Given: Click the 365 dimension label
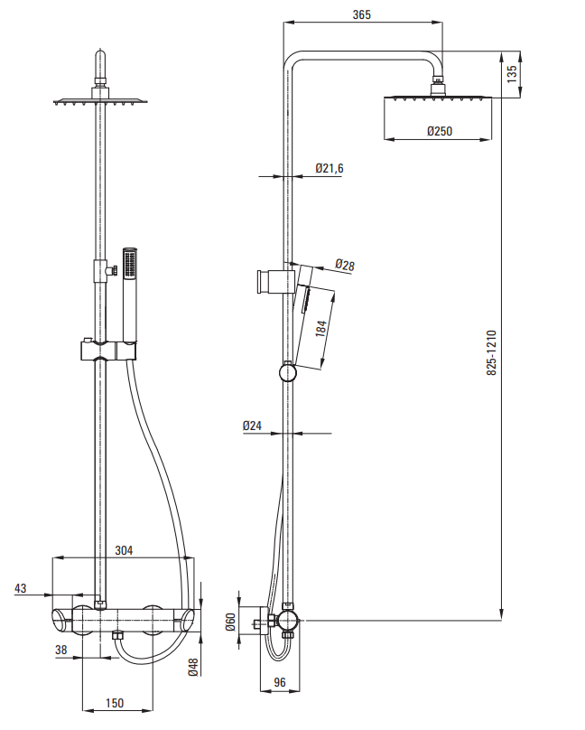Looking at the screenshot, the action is point(361,14).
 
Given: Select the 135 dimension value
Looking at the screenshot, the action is point(512,74).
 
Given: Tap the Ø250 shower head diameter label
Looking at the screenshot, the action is point(440,131).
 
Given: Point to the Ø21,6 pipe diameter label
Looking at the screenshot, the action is point(330,168).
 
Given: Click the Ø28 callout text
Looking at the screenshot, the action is point(345,265).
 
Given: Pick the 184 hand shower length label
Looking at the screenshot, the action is point(321,328).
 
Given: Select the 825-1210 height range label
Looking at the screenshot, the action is point(491,353).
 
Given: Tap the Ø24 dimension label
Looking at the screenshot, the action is point(252,426).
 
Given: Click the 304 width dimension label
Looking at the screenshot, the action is point(124,550).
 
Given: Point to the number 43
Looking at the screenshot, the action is point(21,588).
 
